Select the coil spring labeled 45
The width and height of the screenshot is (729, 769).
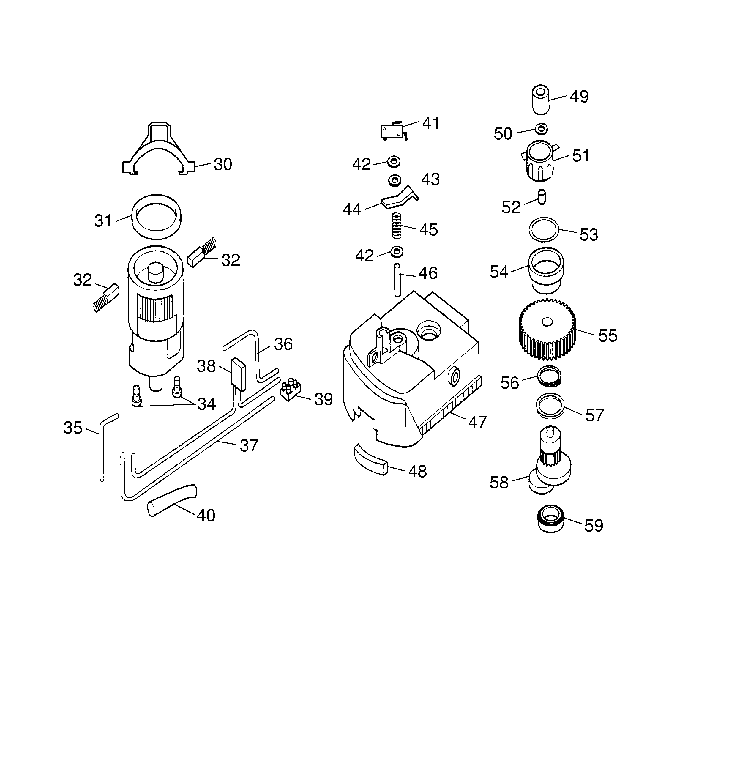pyautogui.click(x=396, y=226)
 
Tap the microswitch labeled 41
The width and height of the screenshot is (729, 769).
pyautogui.click(x=393, y=131)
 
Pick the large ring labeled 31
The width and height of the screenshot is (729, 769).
pyautogui.click(x=156, y=217)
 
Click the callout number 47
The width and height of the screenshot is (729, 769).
pyautogui.click(x=477, y=422)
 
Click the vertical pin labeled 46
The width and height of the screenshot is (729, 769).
pyautogui.click(x=397, y=280)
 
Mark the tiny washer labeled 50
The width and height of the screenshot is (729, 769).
pyautogui.click(x=541, y=129)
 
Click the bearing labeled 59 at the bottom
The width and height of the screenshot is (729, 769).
pyautogui.click(x=550, y=519)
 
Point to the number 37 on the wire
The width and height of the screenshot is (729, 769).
pyautogui.click(x=249, y=445)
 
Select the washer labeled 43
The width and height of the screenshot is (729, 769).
pyautogui.click(x=395, y=180)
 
